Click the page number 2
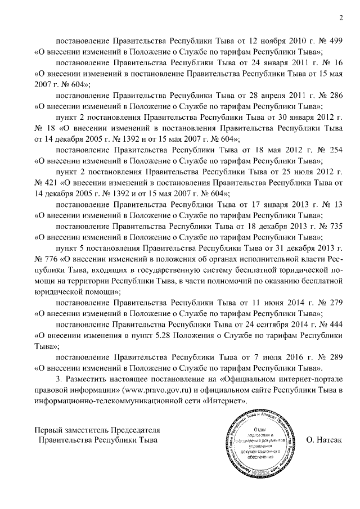click(341, 19)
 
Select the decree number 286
click(336, 96)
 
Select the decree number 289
click(336, 357)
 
